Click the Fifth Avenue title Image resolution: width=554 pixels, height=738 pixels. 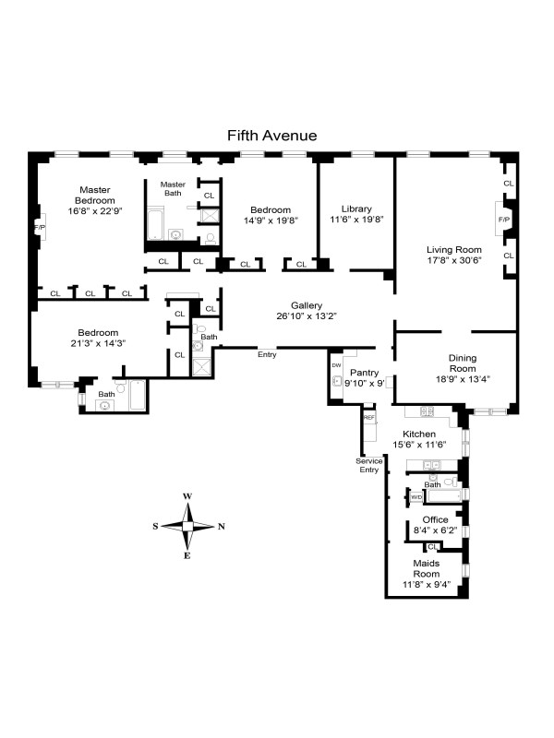(272, 136)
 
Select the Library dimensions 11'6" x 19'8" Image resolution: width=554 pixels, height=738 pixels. (355, 220)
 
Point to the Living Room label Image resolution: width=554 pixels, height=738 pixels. (454, 249)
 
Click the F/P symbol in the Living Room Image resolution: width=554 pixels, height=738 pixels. (504, 220)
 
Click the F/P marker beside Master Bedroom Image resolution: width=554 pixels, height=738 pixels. (40, 227)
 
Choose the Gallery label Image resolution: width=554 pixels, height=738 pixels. (306, 305)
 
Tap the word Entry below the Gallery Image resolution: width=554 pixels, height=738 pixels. (267, 354)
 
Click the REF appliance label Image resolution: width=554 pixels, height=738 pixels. (369, 418)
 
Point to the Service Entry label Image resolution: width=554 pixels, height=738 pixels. (368, 465)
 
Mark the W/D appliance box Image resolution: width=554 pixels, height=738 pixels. (416, 496)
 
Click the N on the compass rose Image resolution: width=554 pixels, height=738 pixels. (222, 528)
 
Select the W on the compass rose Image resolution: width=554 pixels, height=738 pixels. (187, 496)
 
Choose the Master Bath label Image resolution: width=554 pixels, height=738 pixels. (174, 188)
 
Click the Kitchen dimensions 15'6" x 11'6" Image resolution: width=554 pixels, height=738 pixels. (418, 445)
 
